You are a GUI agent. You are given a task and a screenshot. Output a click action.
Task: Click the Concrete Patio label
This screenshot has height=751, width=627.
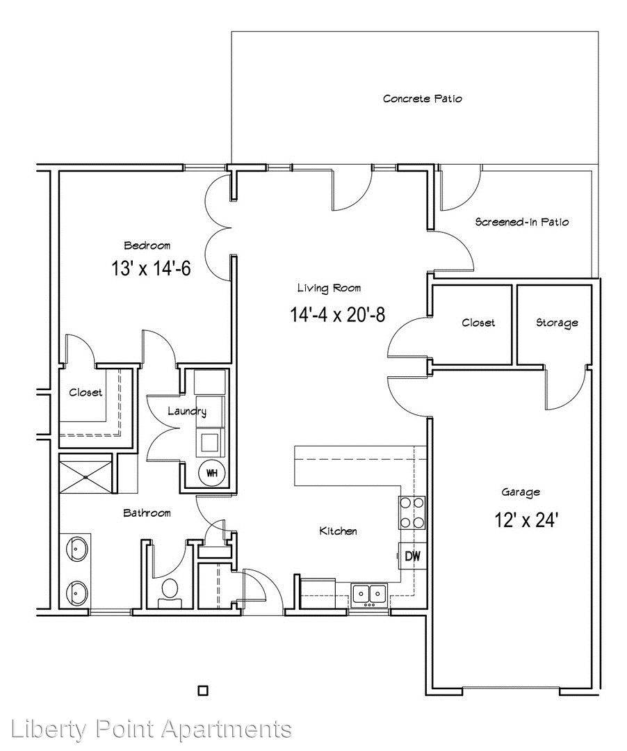click(422, 99)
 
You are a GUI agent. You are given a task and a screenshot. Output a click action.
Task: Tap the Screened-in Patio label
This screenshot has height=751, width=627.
click(522, 222)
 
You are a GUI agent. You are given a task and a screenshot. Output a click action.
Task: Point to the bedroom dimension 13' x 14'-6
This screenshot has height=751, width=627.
click(151, 268)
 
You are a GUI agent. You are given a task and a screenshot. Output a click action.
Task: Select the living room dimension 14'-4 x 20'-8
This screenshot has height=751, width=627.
click(337, 315)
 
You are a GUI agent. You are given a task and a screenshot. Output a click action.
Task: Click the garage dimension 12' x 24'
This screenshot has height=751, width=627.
click(526, 519)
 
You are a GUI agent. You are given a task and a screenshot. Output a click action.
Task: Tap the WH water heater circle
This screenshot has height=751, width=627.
click(211, 474)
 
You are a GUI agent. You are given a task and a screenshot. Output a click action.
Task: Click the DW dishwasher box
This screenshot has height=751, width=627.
click(412, 556)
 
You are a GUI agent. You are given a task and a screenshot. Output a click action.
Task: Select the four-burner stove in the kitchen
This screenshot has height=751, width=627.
click(412, 512)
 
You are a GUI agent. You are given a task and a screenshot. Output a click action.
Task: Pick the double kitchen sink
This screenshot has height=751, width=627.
click(369, 595)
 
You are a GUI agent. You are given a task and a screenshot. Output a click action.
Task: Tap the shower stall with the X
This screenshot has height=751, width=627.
click(85, 476)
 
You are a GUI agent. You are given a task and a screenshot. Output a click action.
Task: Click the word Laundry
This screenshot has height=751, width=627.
click(187, 412)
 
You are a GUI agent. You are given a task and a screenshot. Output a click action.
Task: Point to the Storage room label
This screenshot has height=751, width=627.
click(557, 323)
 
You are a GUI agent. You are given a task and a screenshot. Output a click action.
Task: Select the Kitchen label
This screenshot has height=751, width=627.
click(338, 531)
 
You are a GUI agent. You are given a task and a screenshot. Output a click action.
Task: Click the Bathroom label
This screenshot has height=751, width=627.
click(147, 513)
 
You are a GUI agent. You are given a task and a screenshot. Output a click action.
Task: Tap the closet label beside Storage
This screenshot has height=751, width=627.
click(478, 323)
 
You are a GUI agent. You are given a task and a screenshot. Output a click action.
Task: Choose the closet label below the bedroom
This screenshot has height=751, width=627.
click(85, 393)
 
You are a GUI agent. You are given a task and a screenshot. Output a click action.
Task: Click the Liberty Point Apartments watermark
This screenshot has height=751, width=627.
click(151, 729)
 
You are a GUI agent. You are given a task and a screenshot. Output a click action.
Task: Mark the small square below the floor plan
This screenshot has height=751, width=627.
click(204, 691)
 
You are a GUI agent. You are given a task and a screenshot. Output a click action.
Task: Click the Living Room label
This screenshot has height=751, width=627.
click(329, 288)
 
